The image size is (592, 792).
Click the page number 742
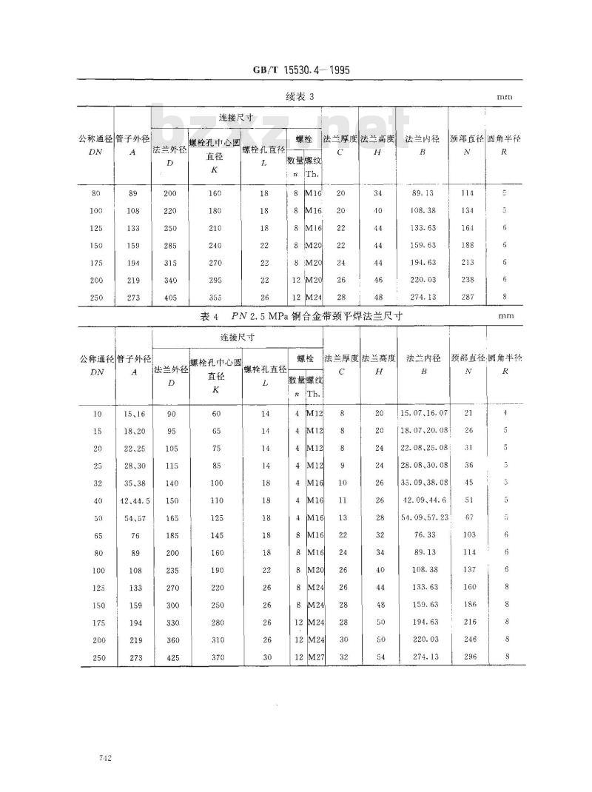click(x=104, y=759)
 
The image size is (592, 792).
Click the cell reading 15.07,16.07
click(x=423, y=412)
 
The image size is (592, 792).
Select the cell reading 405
click(x=170, y=297)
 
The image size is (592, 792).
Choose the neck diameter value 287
click(x=468, y=297)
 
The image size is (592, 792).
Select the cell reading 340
click(x=170, y=280)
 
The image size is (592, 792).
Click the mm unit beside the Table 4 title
click(x=505, y=316)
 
